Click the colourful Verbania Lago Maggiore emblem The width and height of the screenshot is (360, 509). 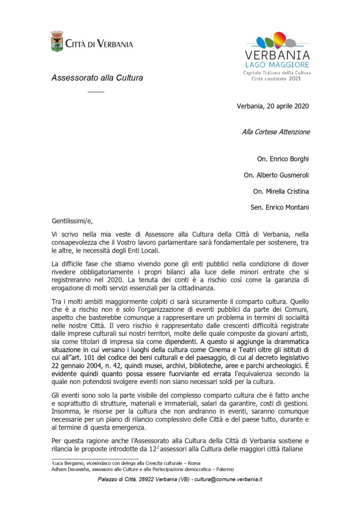[x=277, y=41]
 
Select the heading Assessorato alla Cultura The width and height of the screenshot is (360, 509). [x=97, y=77]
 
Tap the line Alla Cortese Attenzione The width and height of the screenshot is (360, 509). [x=276, y=131]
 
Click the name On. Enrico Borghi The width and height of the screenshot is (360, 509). [x=283, y=158]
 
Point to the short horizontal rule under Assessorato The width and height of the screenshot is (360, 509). [x=96, y=92]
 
